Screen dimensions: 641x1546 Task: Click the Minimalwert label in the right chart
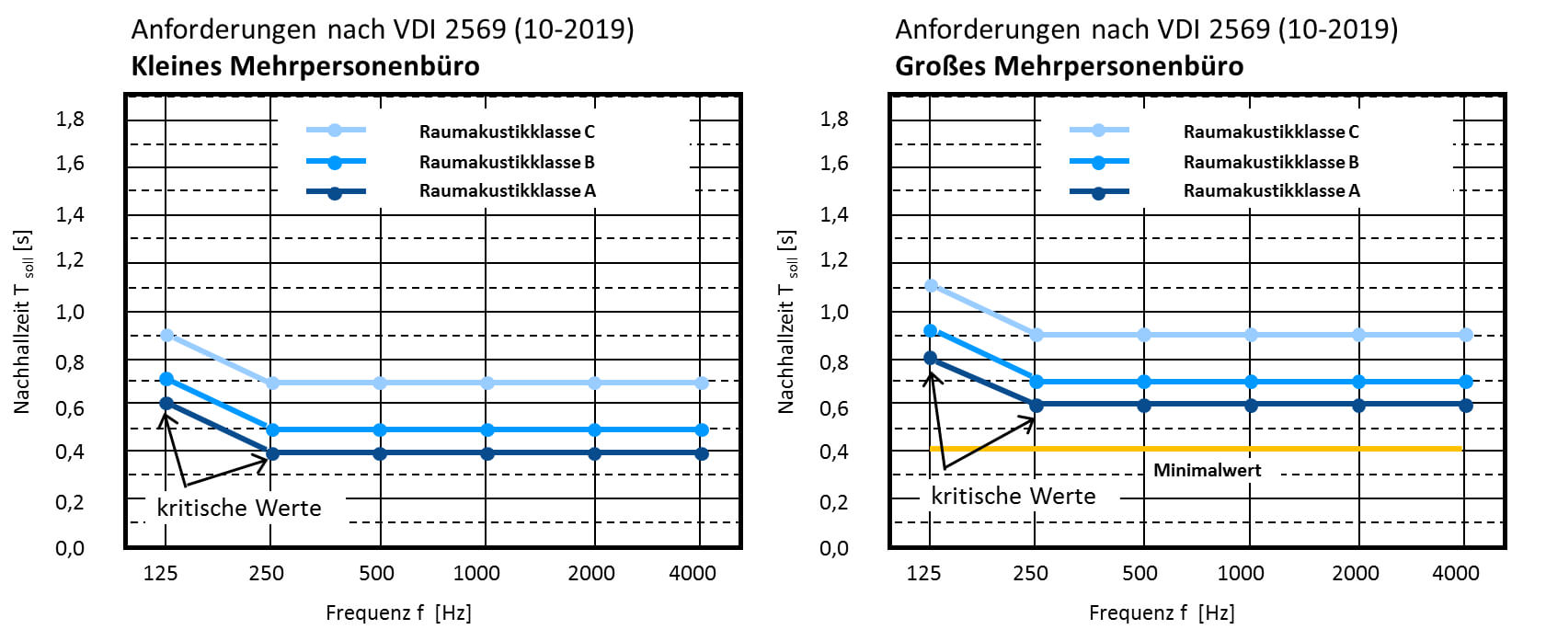1207,470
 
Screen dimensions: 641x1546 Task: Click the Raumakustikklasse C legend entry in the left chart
506,132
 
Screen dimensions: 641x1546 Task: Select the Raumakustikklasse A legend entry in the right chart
1271,191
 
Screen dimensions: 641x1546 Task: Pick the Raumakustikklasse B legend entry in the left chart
506,162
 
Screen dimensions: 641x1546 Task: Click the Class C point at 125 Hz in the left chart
166,335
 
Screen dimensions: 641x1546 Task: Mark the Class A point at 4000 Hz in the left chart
702,453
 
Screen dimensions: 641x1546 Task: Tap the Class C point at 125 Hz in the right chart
931,286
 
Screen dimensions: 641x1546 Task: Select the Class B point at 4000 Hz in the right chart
1466,382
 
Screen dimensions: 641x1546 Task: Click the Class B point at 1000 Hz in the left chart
487,429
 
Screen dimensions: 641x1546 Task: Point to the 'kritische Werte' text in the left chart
239,508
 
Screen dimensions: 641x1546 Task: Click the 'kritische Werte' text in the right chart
1013,497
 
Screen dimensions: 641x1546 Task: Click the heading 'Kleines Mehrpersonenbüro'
305,66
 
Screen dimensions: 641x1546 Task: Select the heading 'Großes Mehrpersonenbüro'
1069,66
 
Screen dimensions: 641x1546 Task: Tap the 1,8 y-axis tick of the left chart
70,119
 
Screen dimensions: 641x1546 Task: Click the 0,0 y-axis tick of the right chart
833,548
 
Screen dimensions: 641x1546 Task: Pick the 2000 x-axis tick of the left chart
590,573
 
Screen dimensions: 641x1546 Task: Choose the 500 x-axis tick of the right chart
1139,573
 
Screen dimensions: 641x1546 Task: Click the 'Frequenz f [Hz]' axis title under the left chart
398,612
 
